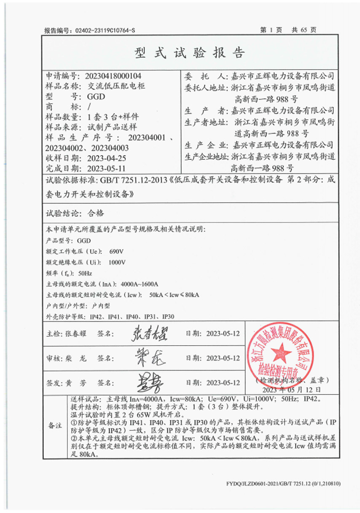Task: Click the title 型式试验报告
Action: tap(189, 52)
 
